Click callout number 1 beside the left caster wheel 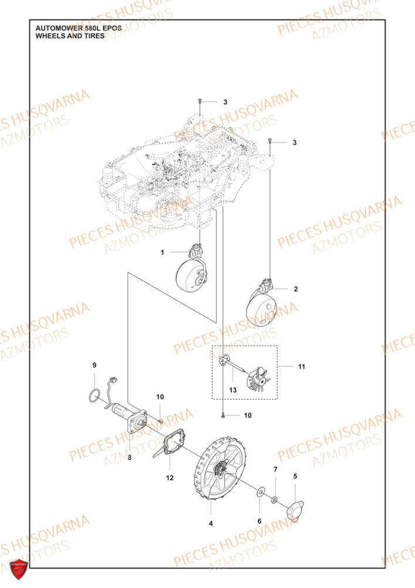pos(163,252)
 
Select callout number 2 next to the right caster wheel pos(295,289)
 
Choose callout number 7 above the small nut pos(274,469)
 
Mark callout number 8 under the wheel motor pos(130,457)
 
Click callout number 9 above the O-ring pos(94,366)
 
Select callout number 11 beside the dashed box pos(301,367)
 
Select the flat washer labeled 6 pos(259,490)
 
